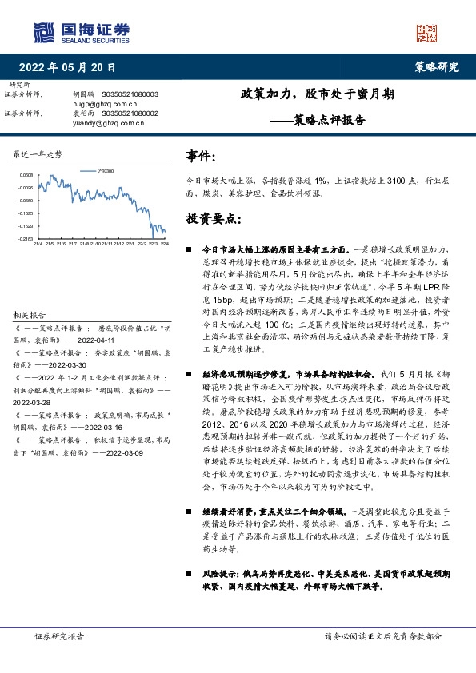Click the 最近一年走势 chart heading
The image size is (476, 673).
pos(38,153)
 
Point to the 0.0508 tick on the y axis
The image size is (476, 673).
pos(26,174)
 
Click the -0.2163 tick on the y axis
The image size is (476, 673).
pos(26,238)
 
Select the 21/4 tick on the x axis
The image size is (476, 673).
pos(38,244)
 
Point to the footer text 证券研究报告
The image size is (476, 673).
pos(59,635)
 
